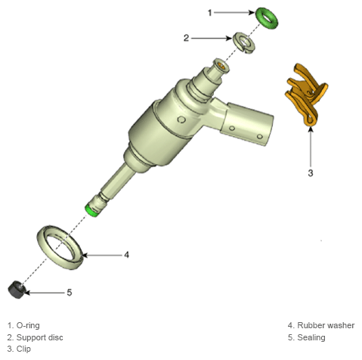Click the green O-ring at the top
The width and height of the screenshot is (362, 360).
tap(261, 14)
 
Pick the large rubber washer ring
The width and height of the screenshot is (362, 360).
tap(43, 243)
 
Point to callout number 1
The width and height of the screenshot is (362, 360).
tap(209, 13)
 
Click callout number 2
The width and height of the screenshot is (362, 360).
tap(186, 38)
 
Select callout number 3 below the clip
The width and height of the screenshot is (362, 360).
tap(311, 173)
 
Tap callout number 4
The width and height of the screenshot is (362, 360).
tap(126, 255)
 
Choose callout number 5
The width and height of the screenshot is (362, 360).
tap(70, 293)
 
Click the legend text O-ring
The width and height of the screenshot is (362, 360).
tap(28, 325)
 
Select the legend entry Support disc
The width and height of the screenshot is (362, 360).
tap(40, 337)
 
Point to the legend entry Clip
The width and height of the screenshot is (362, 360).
tap(23, 349)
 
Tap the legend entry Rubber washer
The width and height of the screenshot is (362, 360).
tap(326, 325)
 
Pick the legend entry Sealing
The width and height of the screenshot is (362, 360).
tap(311, 337)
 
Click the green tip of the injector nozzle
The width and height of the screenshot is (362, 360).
tap(91, 211)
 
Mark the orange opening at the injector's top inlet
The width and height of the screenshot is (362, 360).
tap(221, 66)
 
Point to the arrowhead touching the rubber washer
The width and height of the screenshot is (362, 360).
tap(85, 255)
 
